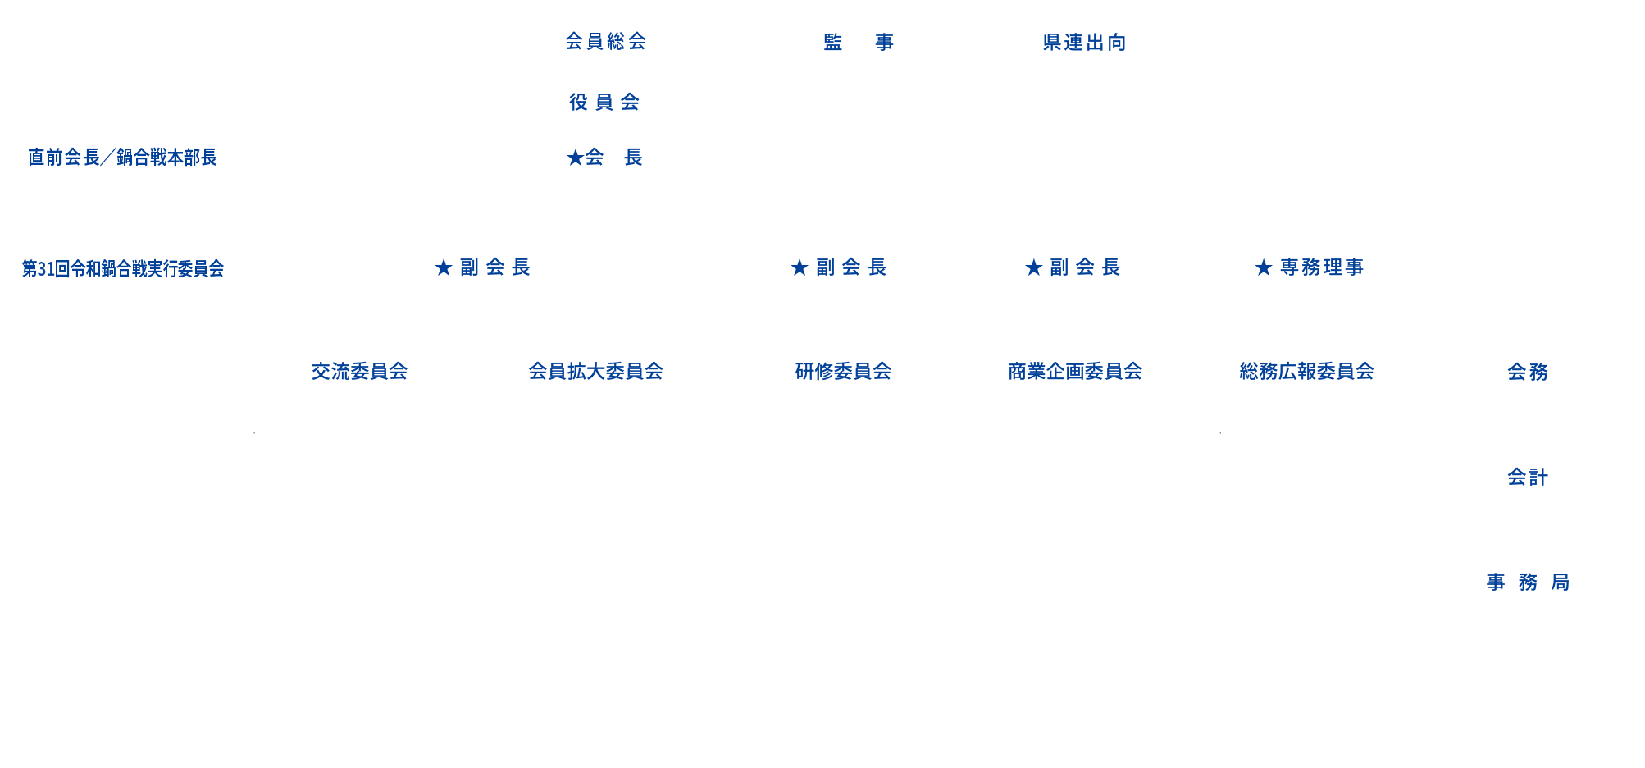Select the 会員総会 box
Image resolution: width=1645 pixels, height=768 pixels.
[x=606, y=41]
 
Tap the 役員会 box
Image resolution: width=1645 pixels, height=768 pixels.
[x=606, y=102]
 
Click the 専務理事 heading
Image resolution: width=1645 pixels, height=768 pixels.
[x=1309, y=267]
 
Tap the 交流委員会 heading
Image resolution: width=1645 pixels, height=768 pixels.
[x=359, y=372]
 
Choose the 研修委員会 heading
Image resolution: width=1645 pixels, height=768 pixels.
[x=843, y=372]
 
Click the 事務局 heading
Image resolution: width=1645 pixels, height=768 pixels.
[x=1528, y=583]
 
